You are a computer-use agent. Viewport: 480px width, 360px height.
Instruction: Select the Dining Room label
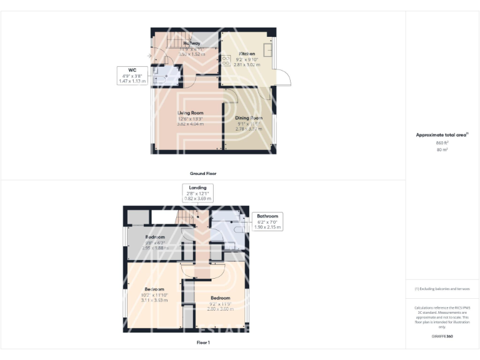pyautogui.click(x=248, y=117)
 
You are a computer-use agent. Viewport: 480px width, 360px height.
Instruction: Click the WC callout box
pyautogui.click(x=132, y=76)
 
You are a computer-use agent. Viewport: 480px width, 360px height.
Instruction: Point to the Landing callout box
pyautogui.click(x=197, y=192)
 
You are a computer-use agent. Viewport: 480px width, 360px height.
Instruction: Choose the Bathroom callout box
pyautogui.click(x=267, y=221)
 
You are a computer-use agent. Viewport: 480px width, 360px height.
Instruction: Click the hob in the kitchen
pyautogui.click(x=226, y=61)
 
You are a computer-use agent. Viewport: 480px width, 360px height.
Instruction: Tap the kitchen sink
pyautogui.click(x=267, y=50)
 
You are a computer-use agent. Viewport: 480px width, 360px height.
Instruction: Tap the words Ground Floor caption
pyautogui.click(x=203, y=173)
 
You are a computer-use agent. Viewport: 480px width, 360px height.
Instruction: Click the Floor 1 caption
pyautogui.click(x=203, y=342)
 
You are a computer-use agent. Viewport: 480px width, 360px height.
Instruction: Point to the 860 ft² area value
pyautogui.click(x=442, y=143)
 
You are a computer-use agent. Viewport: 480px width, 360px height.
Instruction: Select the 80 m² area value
pyautogui.click(x=442, y=150)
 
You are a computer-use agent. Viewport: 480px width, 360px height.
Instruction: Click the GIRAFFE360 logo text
pyautogui.click(x=442, y=337)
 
